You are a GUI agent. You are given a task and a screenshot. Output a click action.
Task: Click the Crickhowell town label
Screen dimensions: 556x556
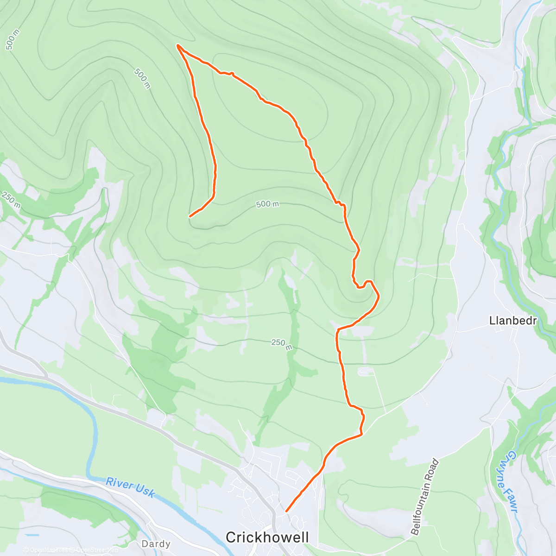(x=267, y=537)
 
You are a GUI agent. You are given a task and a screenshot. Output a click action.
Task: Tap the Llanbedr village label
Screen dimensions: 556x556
(x=513, y=321)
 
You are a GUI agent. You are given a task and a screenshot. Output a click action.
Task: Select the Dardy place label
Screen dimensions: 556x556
(x=156, y=544)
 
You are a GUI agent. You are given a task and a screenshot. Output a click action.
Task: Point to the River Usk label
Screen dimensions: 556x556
(x=131, y=487)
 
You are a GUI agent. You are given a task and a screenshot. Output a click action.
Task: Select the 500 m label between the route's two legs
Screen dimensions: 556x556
(x=267, y=204)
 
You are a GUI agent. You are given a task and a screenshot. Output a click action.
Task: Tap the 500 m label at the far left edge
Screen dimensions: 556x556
(x=13, y=40)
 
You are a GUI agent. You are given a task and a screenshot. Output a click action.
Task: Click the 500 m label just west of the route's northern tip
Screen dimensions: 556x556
(x=142, y=78)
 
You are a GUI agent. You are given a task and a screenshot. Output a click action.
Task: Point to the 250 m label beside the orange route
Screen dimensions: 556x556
(x=282, y=344)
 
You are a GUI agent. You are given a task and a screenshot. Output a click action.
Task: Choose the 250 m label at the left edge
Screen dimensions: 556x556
(x=10, y=200)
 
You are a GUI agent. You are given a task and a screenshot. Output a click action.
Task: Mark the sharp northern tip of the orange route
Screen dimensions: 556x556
(x=177, y=45)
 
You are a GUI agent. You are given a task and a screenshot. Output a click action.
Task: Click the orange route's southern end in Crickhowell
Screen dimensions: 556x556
(x=286, y=511)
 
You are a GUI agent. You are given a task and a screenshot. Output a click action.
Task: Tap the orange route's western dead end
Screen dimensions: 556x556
(x=190, y=216)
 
